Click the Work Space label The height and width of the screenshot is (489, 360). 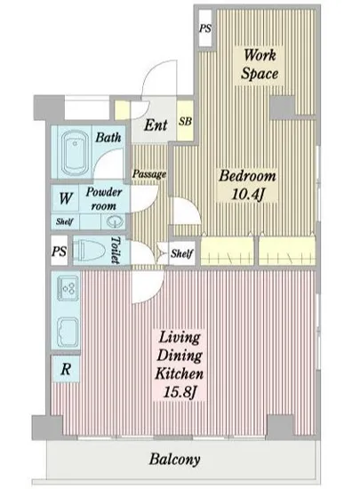point(260,65)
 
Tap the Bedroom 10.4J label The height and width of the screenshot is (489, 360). point(247,185)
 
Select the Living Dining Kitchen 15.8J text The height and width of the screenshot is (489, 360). point(180,365)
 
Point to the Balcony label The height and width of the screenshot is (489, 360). point(174,460)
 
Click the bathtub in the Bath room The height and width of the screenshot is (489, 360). point(75,153)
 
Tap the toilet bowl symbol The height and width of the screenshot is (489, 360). point(89,251)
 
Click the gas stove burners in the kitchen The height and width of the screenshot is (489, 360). point(68,287)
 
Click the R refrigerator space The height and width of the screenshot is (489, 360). point(66,369)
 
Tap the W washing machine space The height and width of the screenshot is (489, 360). point(66,198)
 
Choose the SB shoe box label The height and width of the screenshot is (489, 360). point(185,121)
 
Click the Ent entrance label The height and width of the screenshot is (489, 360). point(156,125)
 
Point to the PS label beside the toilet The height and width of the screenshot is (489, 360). point(60,251)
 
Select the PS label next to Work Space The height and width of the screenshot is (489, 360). point(205,28)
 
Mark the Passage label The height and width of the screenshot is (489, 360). point(149,174)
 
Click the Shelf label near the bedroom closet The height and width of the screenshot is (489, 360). point(181,253)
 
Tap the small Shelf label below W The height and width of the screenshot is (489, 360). point(65,221)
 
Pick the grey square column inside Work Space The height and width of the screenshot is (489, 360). point(282,108)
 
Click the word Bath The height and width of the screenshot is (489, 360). point(108,137)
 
